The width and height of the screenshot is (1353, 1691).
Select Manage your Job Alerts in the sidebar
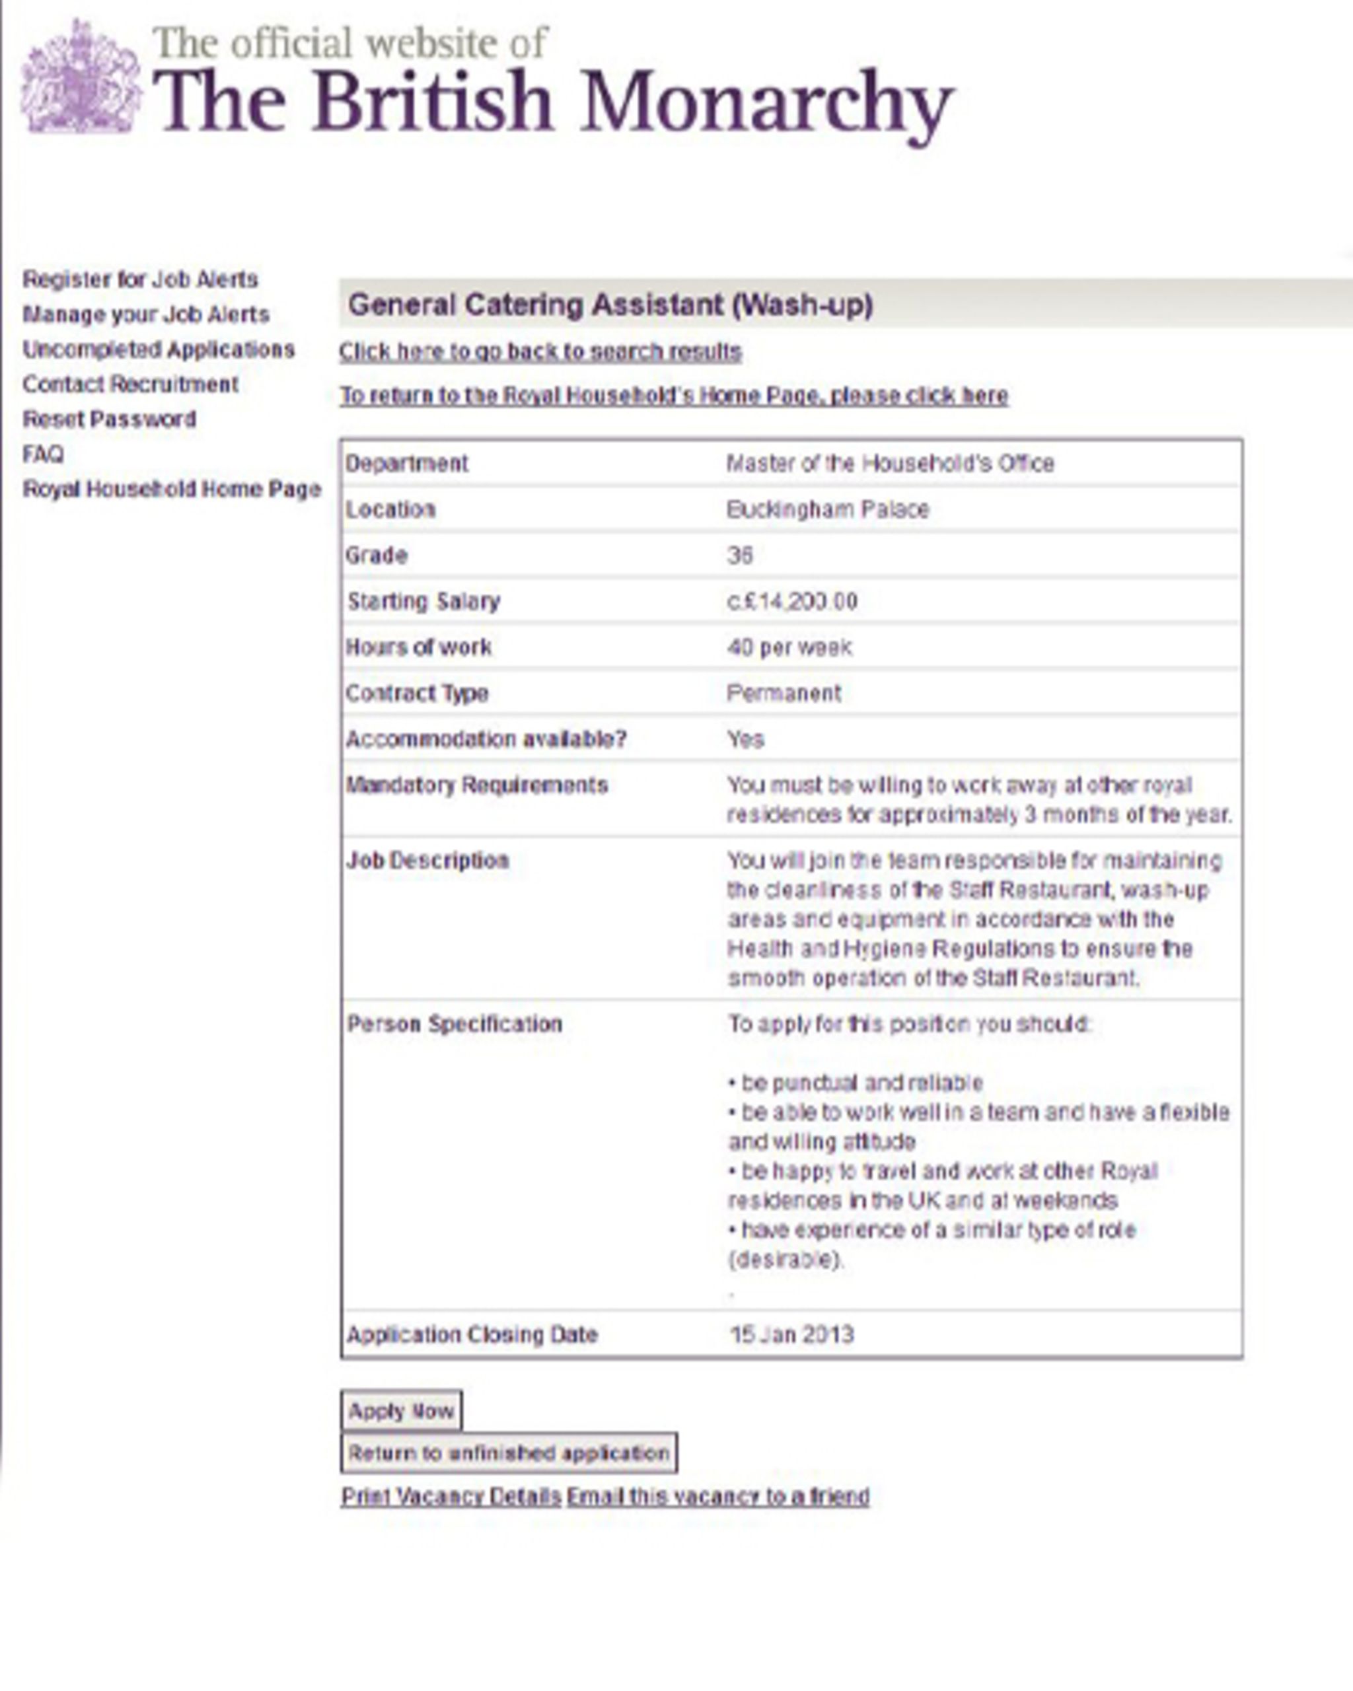coord(146,314)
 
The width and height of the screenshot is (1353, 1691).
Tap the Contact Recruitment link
coord(130,384)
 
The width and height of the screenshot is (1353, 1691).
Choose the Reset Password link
coord(109,419)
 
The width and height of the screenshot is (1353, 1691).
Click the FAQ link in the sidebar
coord(43,454)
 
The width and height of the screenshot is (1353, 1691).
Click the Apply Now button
coord(401,1410)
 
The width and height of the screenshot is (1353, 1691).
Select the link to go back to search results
coord(540,351)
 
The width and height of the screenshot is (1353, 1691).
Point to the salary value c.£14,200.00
coord(792,602)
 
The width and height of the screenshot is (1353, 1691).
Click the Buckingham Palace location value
coord(828,510)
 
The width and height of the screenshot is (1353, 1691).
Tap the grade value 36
coord(740,556)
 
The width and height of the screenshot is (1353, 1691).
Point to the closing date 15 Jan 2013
coord(791,1334)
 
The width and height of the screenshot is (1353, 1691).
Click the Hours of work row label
coord(419,647)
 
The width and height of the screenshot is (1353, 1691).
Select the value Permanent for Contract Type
coord(784,694)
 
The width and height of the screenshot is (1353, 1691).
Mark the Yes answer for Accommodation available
coord(745,739)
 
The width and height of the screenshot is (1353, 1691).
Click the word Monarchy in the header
coord(766,104)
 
